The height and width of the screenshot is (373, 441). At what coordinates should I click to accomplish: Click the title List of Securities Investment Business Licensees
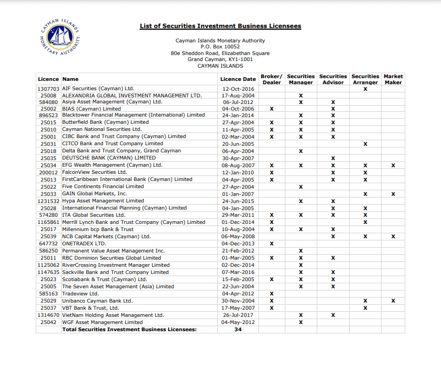[220, 26]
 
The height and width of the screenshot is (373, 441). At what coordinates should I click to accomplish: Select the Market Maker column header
[393, 79]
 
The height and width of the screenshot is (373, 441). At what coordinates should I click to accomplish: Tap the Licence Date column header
[238, 79]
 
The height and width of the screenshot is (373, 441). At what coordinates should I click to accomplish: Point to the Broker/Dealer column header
[272, 79]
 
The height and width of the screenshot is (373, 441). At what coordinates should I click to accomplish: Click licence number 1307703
[48, 89]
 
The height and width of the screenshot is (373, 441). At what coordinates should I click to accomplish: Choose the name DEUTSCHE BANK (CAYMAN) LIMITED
[109, 158]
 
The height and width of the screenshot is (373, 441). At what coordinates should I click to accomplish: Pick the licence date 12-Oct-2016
[238, 89]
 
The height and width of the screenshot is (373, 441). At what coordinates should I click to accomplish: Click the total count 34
[238, 330]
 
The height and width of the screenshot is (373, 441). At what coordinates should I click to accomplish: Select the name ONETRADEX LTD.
[84, 243]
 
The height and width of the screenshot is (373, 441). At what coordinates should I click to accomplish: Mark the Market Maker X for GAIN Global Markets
[393, 194]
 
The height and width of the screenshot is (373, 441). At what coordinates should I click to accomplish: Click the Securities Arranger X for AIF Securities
[365, 89]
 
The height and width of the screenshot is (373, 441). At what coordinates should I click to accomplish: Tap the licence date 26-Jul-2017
[238, 315]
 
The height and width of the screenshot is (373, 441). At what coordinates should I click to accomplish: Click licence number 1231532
[48, 201]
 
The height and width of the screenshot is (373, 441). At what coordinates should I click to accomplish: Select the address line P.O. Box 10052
[220, 47]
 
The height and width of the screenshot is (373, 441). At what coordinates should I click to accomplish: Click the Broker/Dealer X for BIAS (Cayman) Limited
[272, 109]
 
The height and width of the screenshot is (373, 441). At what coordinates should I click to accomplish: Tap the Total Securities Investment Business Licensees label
[129, 330]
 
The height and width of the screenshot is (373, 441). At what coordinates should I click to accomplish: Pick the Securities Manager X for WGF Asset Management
[300, 322]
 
